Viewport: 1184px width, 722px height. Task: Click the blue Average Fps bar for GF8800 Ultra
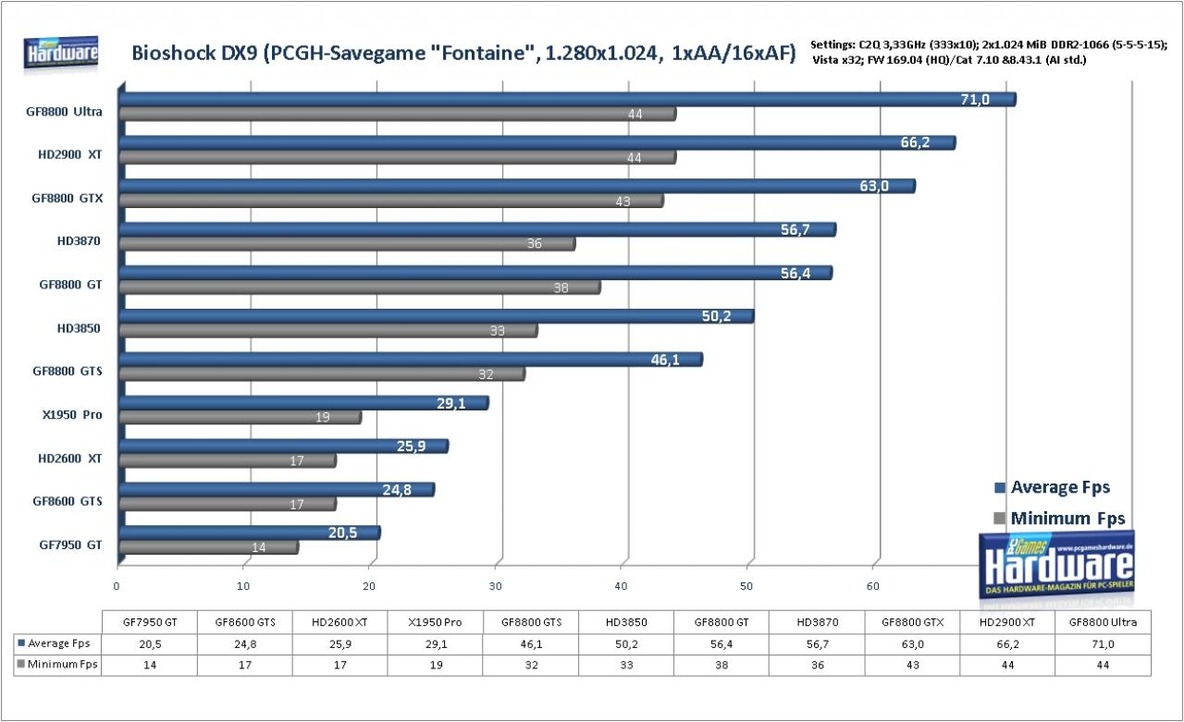click(x=568, y=99)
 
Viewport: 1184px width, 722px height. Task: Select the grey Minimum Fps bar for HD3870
click(x=347, y=243)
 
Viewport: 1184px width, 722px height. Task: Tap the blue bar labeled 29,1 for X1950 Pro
click(x=304, y=403)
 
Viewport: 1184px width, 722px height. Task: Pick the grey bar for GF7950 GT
click(x=209, y=547)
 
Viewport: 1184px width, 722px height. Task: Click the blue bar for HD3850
click(x=437, y=316)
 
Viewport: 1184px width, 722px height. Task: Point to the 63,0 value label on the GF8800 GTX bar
click(x=874, y=186)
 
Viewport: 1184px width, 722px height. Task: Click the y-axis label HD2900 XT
click(x=69, y=154)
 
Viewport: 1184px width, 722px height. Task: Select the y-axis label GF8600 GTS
click(x=68, y=501)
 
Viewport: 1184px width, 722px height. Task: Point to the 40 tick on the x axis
click(x=621, y=586)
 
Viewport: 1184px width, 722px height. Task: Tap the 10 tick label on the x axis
click(x=243, y=586)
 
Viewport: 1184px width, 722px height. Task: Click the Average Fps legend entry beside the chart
click(x=1052, y=487)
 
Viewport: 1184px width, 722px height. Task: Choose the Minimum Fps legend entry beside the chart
click(x=1059, y=518)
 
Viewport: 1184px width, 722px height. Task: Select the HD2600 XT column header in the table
click(x=339, y=622)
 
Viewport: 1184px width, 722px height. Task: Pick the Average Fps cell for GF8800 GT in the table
click(x=721, y=643)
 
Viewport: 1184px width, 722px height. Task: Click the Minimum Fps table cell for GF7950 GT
click(x=150, y=665)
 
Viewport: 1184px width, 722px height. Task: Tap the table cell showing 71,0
click(x=1103, y=643)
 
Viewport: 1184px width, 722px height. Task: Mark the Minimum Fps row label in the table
click(x=57, y=665)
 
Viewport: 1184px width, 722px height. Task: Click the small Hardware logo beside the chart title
click(x=61, y=53)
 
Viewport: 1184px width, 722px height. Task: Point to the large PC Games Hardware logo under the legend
click(x=1057, y=565)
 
